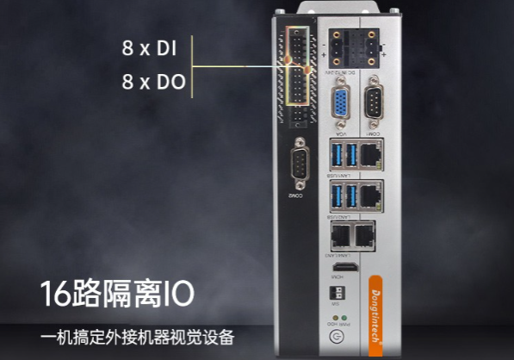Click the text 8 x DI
click(148, 49)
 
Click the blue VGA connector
click(341, 107)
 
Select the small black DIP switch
click(338, 295)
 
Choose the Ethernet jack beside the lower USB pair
click(371, 196)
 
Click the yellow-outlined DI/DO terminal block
click(296, 74)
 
